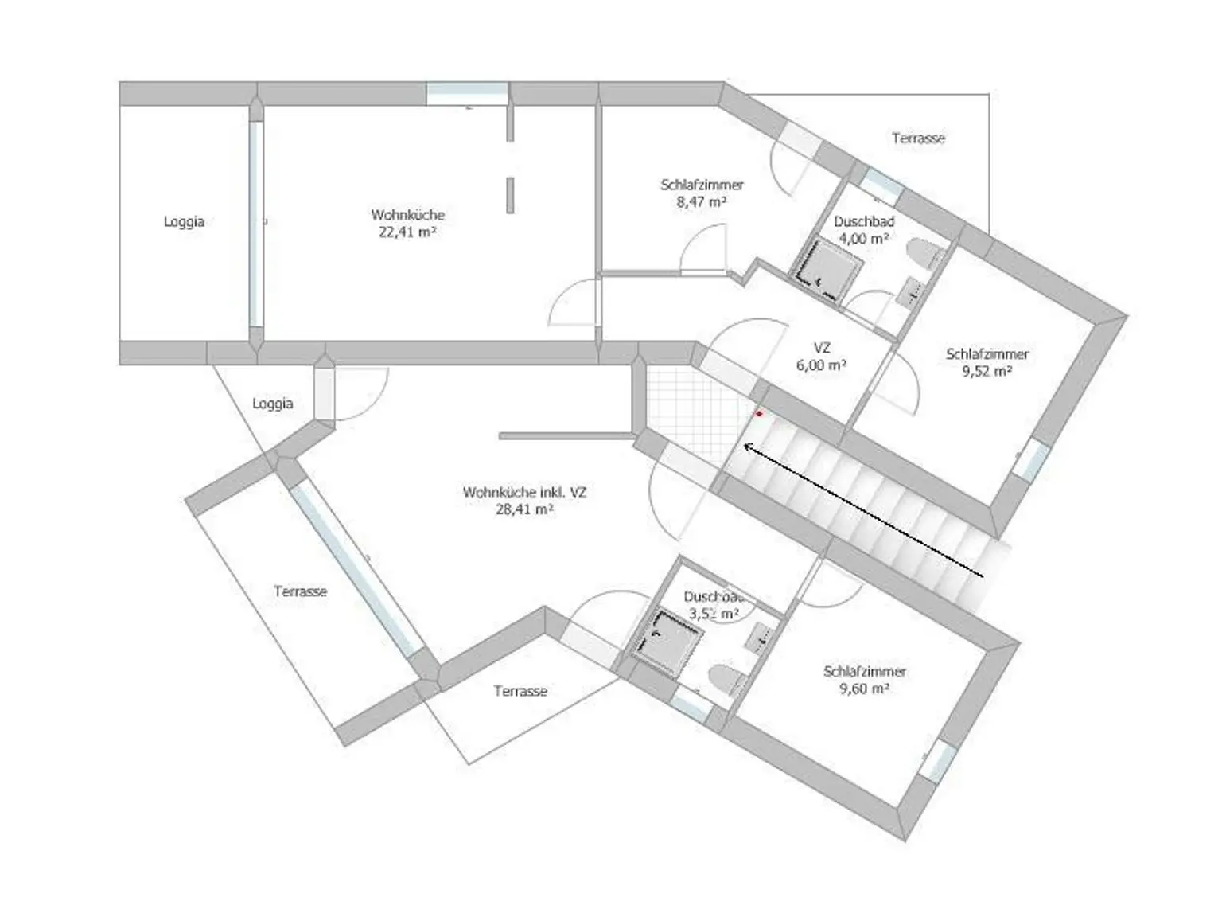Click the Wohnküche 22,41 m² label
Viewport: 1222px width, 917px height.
[407, 224]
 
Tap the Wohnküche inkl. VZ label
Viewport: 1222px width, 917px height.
[524, 501]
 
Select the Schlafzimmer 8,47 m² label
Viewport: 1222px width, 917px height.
[702, 193]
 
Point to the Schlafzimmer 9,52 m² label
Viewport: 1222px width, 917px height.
[987, 362]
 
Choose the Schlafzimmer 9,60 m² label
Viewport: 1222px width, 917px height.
[865, 680]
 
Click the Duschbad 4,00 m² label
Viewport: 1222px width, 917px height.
[864, 229]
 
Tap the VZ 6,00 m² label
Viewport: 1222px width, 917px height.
[822, 357]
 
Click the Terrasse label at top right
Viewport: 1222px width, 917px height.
[918, 139]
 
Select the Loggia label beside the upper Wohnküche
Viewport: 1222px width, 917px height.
[184, 222]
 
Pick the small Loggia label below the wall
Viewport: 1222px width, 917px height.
[273, 404]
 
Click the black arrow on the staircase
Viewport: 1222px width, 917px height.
[863, 510]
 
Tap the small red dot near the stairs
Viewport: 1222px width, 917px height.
[759, 414]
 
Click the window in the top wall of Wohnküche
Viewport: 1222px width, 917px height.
[467, 93]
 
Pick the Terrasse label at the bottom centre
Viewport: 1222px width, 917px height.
[520, 691]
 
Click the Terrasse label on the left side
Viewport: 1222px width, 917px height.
[300, 591]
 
